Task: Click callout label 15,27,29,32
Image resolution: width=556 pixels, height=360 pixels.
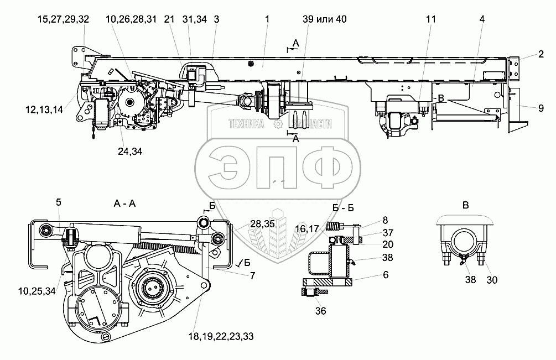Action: tap(64, 19)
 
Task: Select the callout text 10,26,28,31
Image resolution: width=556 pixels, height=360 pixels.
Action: tap(130, 19)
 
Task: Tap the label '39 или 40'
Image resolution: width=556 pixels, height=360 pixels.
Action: tap(325, 19)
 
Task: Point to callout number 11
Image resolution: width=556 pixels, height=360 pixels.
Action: tap(431, 19)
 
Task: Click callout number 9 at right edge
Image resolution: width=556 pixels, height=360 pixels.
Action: tap(540, 109)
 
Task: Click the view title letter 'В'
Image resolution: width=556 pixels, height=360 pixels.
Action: tap(466, 205)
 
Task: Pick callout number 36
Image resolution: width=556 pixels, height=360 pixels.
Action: tap(320, 311)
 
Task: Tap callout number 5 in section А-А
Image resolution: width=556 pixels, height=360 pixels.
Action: tap(58, 202)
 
